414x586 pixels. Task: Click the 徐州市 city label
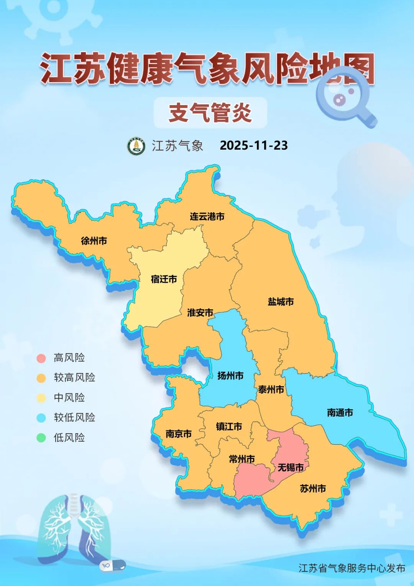[94, 241]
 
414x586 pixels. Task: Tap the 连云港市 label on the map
[207, 217]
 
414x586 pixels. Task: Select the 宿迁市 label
[164, 279]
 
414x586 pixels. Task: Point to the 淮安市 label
[200, 313]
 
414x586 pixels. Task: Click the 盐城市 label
[281, 302]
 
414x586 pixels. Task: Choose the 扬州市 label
[230, 376]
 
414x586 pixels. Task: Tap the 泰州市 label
[271, 390]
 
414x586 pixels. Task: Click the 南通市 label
[340, 413]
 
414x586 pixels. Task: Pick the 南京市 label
[179, 434]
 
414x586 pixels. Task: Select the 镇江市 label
[229, 427]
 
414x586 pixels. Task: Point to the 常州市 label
[242, 459]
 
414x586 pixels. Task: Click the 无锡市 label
[291, 467]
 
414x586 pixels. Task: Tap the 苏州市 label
[313, 489]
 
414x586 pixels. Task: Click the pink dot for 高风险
[41, 358]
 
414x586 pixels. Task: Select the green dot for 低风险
[41, 438]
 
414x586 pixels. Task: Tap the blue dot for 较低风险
[41, 418]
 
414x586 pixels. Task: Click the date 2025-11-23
[254, 145]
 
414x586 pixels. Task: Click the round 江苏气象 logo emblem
[136, 146]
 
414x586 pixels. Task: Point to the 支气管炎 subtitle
[210, 113]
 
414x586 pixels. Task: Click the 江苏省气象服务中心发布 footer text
[352, 568]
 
